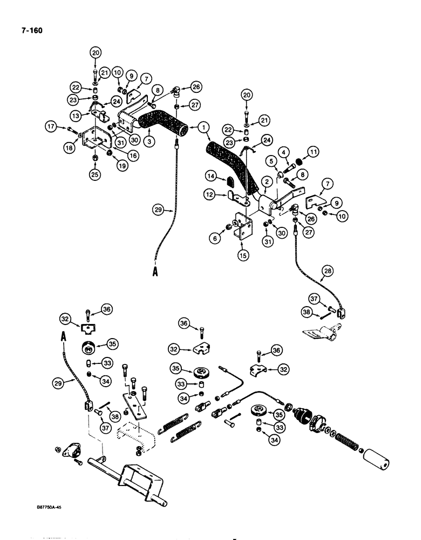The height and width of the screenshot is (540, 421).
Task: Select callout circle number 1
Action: click(x=203, y=128)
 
